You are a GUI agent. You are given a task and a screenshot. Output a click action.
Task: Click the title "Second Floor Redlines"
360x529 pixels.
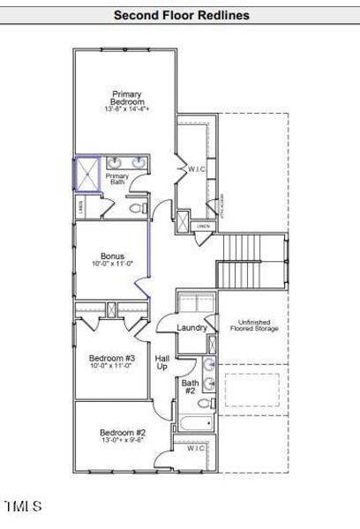coord(181,15)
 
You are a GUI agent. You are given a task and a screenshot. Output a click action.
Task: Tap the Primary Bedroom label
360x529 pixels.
coord(126,98)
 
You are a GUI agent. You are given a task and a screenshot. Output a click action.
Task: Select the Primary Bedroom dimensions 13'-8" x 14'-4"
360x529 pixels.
coord(126,109)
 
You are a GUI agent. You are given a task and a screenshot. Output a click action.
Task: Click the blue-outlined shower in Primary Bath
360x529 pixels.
coord(86,174)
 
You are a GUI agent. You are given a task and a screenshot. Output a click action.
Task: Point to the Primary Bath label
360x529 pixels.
coord(117,179)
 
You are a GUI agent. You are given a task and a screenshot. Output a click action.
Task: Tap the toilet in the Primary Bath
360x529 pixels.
coord(137,209)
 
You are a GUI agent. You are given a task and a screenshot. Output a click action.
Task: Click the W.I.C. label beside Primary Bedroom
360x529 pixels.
coord(195,168)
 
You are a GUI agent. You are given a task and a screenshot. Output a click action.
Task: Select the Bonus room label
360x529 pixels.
coord(112,257)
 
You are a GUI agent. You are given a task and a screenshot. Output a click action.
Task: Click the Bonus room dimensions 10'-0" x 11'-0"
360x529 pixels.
coord(112,264)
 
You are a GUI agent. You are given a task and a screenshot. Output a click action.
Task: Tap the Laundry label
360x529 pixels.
coord(191,328)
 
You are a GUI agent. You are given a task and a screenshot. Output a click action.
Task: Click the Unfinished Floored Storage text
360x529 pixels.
coord(254,325)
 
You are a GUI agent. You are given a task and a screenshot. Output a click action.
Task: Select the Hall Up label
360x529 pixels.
coord(162,362)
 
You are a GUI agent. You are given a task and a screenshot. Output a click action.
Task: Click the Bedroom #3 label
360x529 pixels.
coord(111,358)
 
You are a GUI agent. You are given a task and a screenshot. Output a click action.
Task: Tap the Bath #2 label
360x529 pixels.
coord(191,387)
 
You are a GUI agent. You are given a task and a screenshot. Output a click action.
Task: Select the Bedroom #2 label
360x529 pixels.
coord(122,433)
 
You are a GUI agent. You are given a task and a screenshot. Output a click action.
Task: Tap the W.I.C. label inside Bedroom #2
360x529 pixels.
coord(196,449)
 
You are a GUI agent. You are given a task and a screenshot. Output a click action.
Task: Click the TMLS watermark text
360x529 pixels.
coord(22,507)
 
